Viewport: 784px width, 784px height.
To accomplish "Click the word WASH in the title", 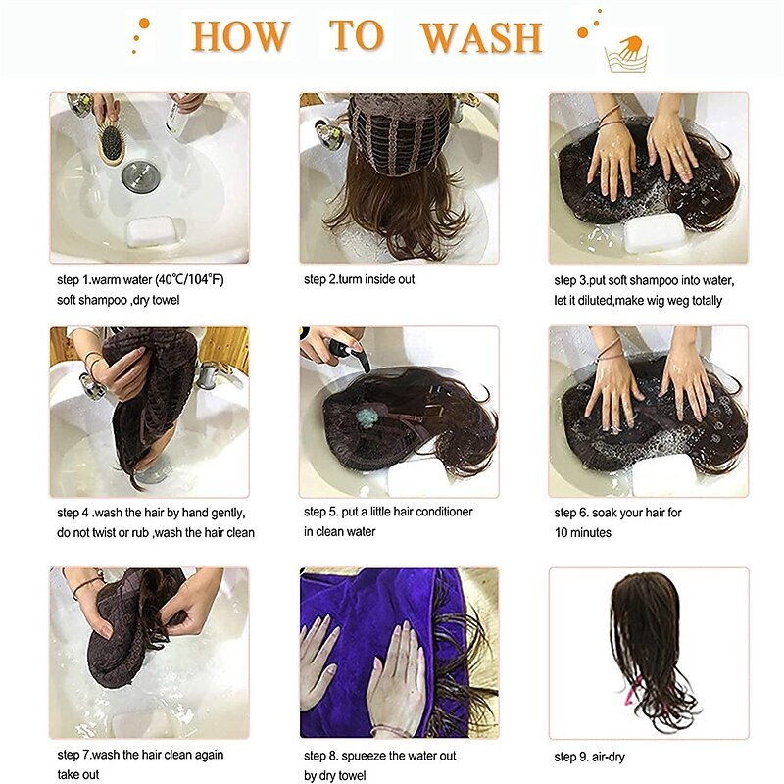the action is click(481, 37).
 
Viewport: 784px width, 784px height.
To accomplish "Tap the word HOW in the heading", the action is click(240, 36).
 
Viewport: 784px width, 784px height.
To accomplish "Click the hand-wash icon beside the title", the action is click(626, 55).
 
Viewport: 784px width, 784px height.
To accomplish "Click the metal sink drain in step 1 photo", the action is click(140, 176).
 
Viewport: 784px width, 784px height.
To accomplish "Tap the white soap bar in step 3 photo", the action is click(655, 233).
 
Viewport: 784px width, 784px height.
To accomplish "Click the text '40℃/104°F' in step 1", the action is click(190, 279).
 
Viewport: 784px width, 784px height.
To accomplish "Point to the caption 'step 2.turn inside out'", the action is click(359, 279).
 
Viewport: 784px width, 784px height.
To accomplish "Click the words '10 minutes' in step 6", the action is click(582, 532).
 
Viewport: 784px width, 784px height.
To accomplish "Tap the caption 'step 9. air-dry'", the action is click(590, 757).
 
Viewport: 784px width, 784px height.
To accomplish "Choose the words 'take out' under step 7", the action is click(78, 774).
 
